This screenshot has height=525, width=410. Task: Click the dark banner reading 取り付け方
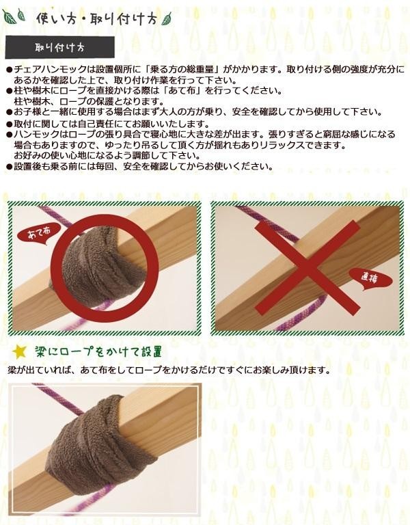point(60,47)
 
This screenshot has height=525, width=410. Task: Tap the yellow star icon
point(19,352)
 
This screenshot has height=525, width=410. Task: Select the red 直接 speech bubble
point(370,279)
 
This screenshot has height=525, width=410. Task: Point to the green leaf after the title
point(166,18)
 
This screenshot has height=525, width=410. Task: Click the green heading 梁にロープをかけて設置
point(98,352)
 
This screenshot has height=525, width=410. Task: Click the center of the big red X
point(307,268)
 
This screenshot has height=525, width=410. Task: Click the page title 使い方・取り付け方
point(96,19)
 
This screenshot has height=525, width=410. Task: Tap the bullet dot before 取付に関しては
point(10,124)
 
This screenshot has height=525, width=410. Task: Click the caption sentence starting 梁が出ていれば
point(169,371)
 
